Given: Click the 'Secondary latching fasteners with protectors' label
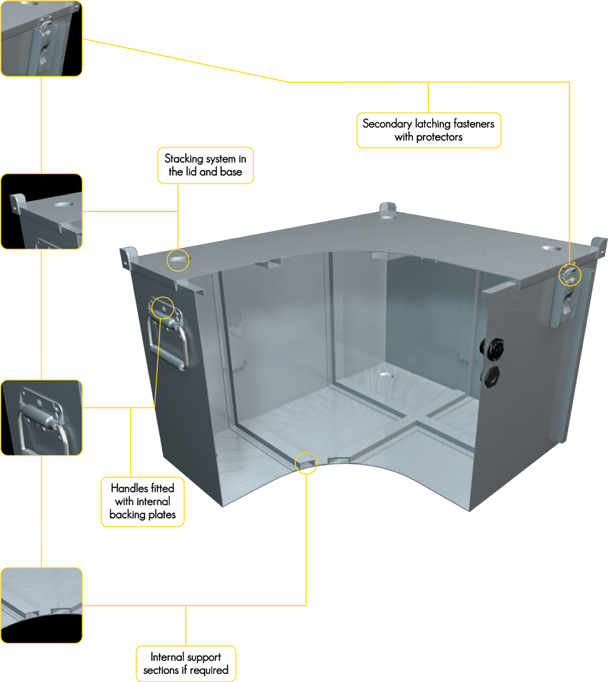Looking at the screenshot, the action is click(429, 130).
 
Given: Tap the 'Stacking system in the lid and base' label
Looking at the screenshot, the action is click(205, 165).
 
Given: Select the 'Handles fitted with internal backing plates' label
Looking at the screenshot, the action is click(143, 502).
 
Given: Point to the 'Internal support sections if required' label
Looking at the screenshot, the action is click(186, 663).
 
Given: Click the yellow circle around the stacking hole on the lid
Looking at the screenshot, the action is click(178, 249).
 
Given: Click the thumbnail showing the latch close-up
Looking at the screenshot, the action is click(41, 38).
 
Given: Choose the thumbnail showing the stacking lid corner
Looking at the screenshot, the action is click(41, 211).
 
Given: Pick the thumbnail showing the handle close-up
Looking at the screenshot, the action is click(41, 417).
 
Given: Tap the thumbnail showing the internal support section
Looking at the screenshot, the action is click(41, 606).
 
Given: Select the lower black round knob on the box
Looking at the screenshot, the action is click(490, 375).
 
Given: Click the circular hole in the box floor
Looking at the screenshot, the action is click(385, 374).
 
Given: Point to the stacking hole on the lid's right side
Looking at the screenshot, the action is click(552, 248).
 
